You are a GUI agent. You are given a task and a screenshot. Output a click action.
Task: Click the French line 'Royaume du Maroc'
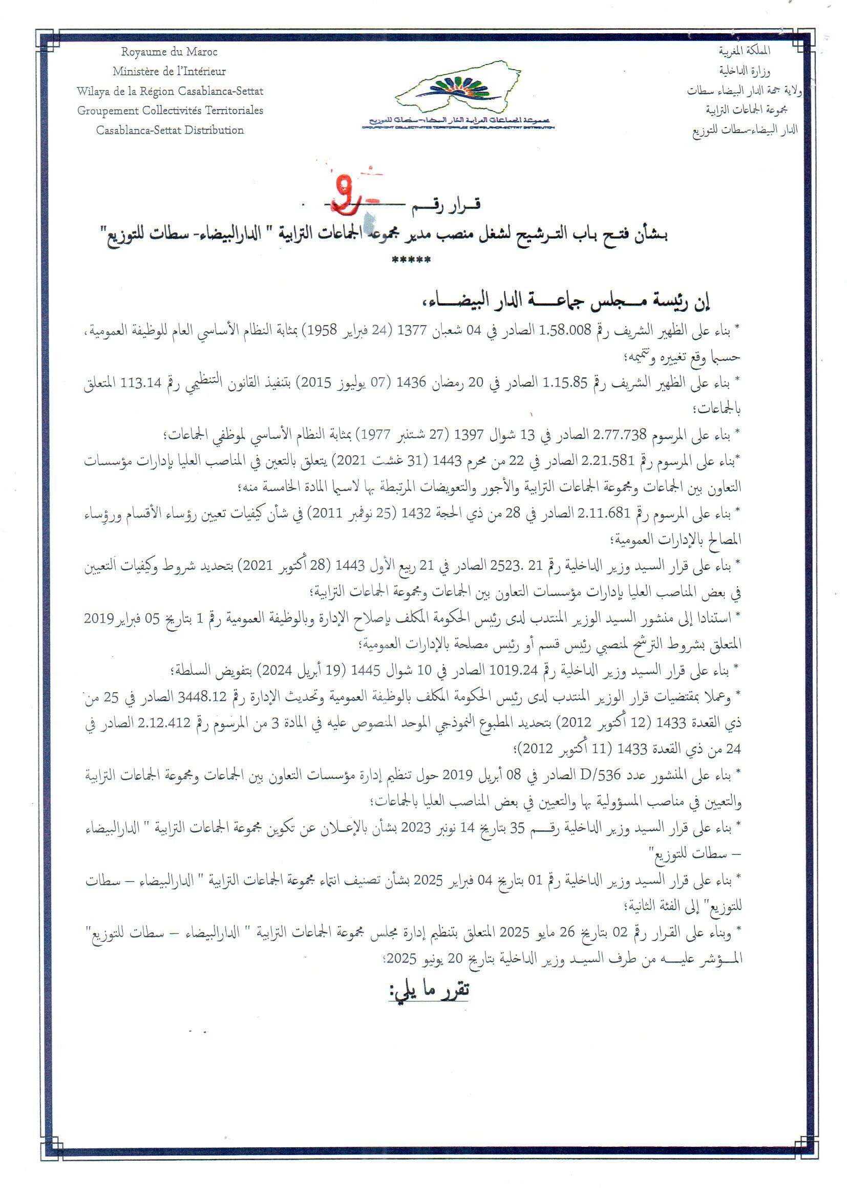coord(169,52)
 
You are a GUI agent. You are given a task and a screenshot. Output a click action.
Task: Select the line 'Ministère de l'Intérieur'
coord(169,72)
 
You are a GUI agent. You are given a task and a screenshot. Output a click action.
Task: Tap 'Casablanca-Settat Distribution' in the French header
coord(170,131)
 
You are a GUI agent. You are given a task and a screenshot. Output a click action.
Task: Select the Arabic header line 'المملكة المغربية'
coord(744,51)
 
